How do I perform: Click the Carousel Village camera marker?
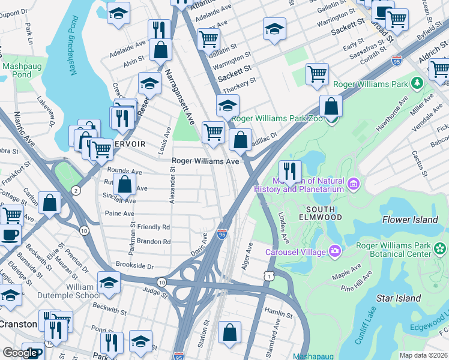(334, 252)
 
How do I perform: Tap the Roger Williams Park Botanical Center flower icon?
(441, 248)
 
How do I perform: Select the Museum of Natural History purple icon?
(354, 181)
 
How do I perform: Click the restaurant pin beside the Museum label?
(290, 172)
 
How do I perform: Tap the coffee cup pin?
(9, 235)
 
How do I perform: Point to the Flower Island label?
(410, 220)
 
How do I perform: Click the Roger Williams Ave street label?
(206, 161)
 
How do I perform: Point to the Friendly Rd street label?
(154, 227)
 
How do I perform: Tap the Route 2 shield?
(76, 190)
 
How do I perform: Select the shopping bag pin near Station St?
(230, 334)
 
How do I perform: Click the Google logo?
(20, 353)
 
